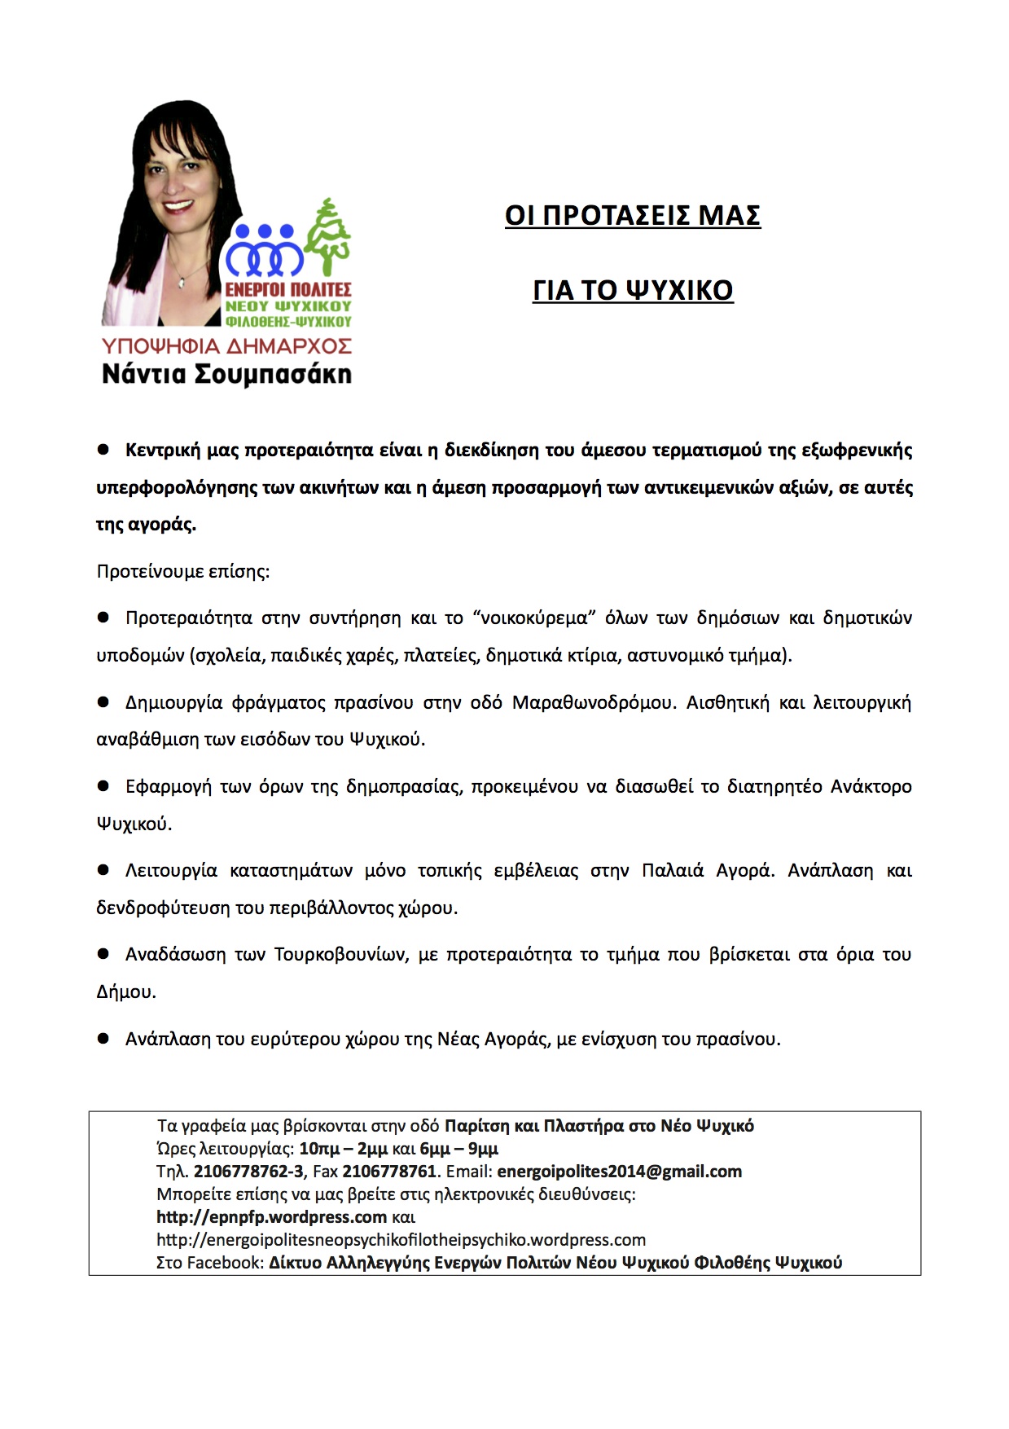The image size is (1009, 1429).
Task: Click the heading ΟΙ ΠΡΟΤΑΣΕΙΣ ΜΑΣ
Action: tap(633, 216)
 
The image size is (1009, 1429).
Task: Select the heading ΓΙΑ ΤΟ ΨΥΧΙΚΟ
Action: tap(633, 291)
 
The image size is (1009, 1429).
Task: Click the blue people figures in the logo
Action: tap(265, 251)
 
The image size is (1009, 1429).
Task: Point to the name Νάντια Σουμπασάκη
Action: tap(226, 375)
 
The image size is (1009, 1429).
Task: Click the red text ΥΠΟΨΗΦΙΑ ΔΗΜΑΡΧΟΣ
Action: tap(226, 346)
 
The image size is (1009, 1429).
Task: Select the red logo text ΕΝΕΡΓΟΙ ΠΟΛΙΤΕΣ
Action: tap(288, 290)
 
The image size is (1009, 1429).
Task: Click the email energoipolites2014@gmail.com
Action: tap(619, 1172)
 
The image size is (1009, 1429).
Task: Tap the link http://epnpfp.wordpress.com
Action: tap(271, 1217)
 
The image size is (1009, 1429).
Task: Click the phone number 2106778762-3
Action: tap(248, 1172)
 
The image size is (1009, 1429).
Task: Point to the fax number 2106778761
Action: tap(389, 1172)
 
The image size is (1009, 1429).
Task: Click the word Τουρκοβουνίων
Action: tap(340, 955)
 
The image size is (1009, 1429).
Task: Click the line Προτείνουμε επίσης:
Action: tap(183, 571)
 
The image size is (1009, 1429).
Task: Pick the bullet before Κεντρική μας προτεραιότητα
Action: tap(103, 450)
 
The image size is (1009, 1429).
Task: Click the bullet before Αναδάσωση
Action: tap(103, 953)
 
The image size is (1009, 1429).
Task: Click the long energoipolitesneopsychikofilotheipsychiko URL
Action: tap(401, 1240)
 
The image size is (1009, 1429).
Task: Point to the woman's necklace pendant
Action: tap(182, 283)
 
